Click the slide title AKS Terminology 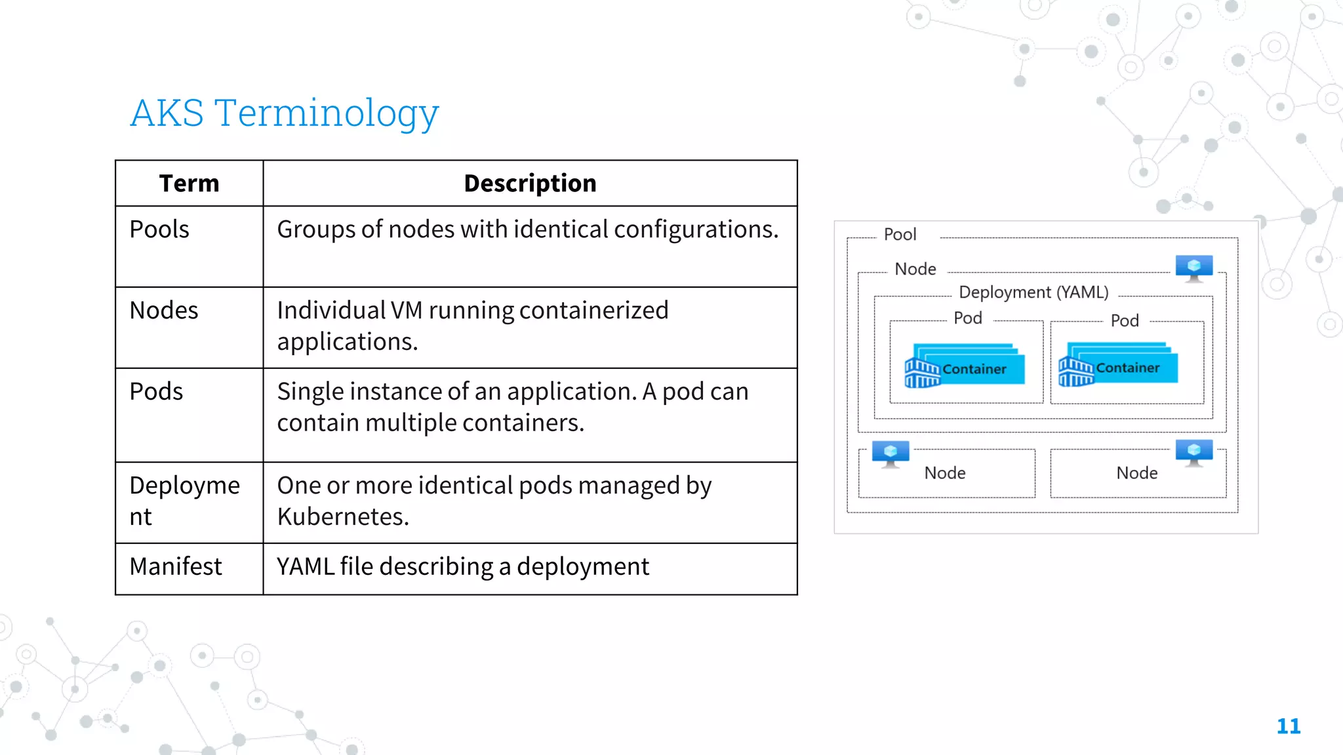[284, 113]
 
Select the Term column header [189, 184]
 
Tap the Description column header [530, 184]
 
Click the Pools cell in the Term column [159, 229]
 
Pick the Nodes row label [164, 310]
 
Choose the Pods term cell [156, 391]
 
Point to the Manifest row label [176, 566]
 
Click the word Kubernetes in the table [342, 516]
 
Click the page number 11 [1288, 726]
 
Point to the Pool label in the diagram [900, 235]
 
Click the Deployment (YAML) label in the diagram [1033, 292]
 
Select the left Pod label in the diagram [967, 319]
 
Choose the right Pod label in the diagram [1125, 321]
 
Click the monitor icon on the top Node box [1193, 267]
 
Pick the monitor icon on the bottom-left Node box [890, 453]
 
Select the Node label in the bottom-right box [1136, 473]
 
